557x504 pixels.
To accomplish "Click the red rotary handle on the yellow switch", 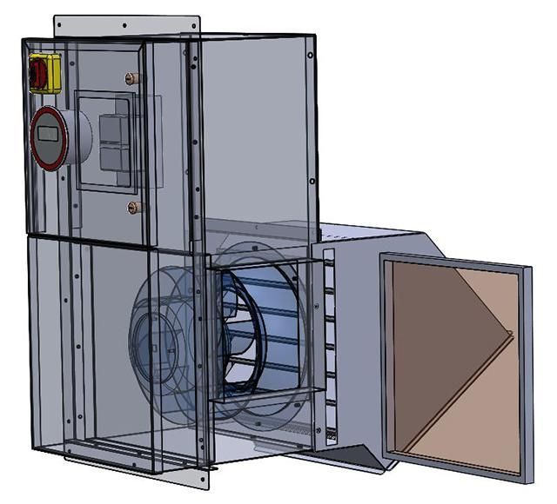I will coord(38,73).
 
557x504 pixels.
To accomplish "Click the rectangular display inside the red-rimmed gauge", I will coord(49,136).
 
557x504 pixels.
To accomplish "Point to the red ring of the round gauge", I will coord(35,139).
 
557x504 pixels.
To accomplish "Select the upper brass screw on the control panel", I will coord(133,78).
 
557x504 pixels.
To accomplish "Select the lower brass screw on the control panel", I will coord(133,207).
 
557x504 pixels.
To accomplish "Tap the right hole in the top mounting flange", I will coord(184,26).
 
